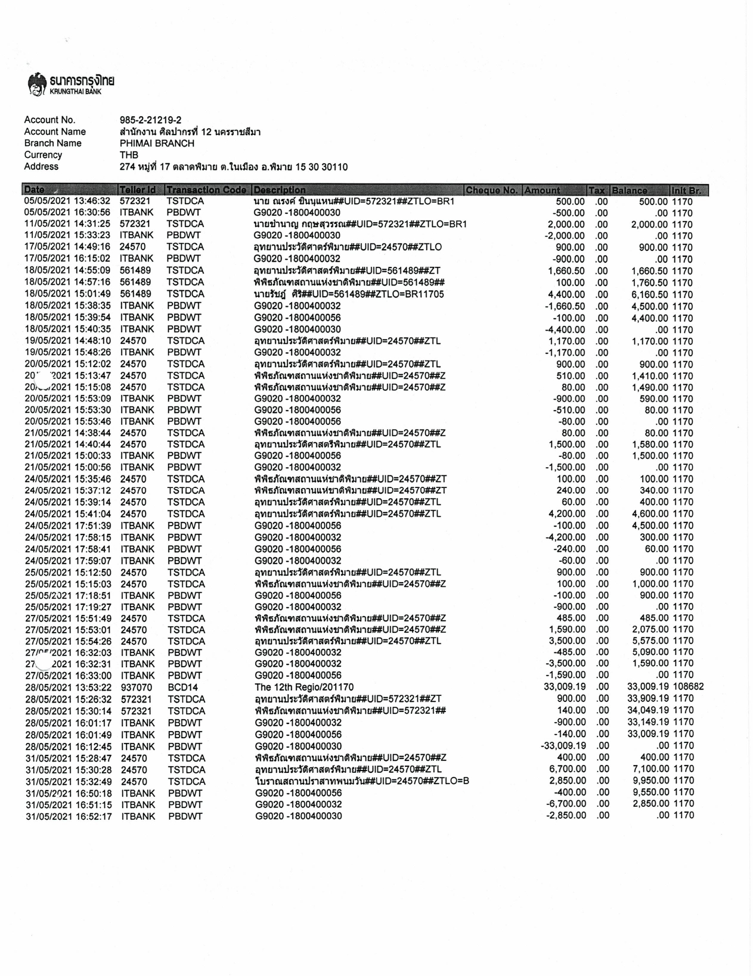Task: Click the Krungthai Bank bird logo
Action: [37, 84]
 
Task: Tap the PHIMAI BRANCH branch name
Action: [157, 144]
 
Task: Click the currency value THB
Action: [129, 155]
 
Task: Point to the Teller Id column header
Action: [138, 190]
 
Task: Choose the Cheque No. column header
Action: [492, 190]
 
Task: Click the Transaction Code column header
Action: [206, 190]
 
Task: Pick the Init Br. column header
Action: [689, 190]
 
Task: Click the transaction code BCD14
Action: [182, 688]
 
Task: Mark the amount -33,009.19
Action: [563, 746]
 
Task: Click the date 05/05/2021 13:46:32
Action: [67, 201]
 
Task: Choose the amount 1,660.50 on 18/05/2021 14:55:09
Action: [566, 271]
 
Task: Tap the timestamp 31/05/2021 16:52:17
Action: [69, 816]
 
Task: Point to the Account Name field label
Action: [55, 132]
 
